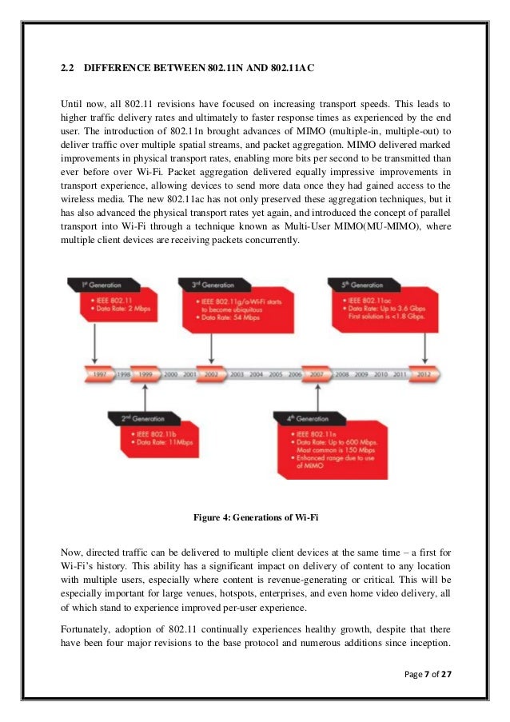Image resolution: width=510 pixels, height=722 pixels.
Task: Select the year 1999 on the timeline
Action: [x=145, y=373]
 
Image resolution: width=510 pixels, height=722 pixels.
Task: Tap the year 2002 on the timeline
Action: [x=210, y=373]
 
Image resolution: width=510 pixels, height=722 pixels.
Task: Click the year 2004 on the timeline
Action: [x=257, y=373]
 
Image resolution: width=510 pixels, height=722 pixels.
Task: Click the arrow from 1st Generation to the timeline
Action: [x=96, y=344]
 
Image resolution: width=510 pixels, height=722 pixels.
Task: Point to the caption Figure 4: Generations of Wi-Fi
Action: [x=256, y=517]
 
